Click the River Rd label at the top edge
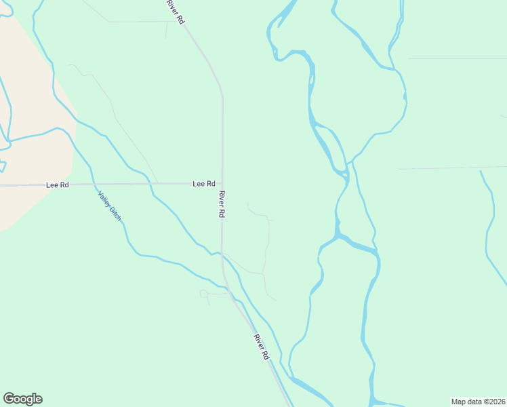[175, 12]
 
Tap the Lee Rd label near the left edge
[57, 185]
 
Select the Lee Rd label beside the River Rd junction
[203, 184]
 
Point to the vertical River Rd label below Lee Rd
[222, 203]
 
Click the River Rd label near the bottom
[262, 346]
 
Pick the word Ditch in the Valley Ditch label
[116, 215]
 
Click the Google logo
[22, 399]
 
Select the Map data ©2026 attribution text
[478, 402]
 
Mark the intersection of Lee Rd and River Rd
[222, 183]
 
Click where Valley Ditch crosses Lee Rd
[95, 184]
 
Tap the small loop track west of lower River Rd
[204, 293]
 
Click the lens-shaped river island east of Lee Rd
[328, 146]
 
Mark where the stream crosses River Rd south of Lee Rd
[222, 254]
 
